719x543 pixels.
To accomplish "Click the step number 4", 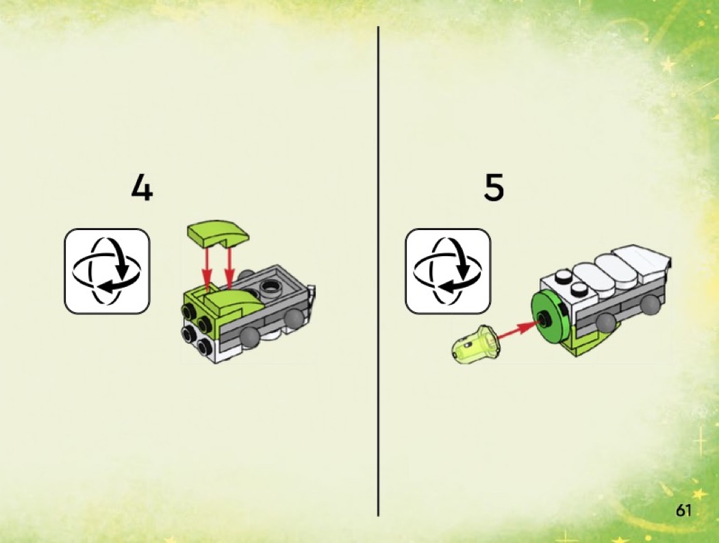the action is click(142, 188).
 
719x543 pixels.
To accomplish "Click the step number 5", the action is click(494, 188).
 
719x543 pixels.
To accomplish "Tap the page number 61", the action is click(683, 510).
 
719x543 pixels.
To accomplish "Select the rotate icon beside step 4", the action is click(108, 271).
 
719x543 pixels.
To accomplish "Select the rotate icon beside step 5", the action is click(448, 271).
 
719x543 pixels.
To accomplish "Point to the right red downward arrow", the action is click(229, 266).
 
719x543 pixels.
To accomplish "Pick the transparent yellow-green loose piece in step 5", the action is click(474, 344).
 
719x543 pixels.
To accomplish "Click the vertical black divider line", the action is click(378, 271).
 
